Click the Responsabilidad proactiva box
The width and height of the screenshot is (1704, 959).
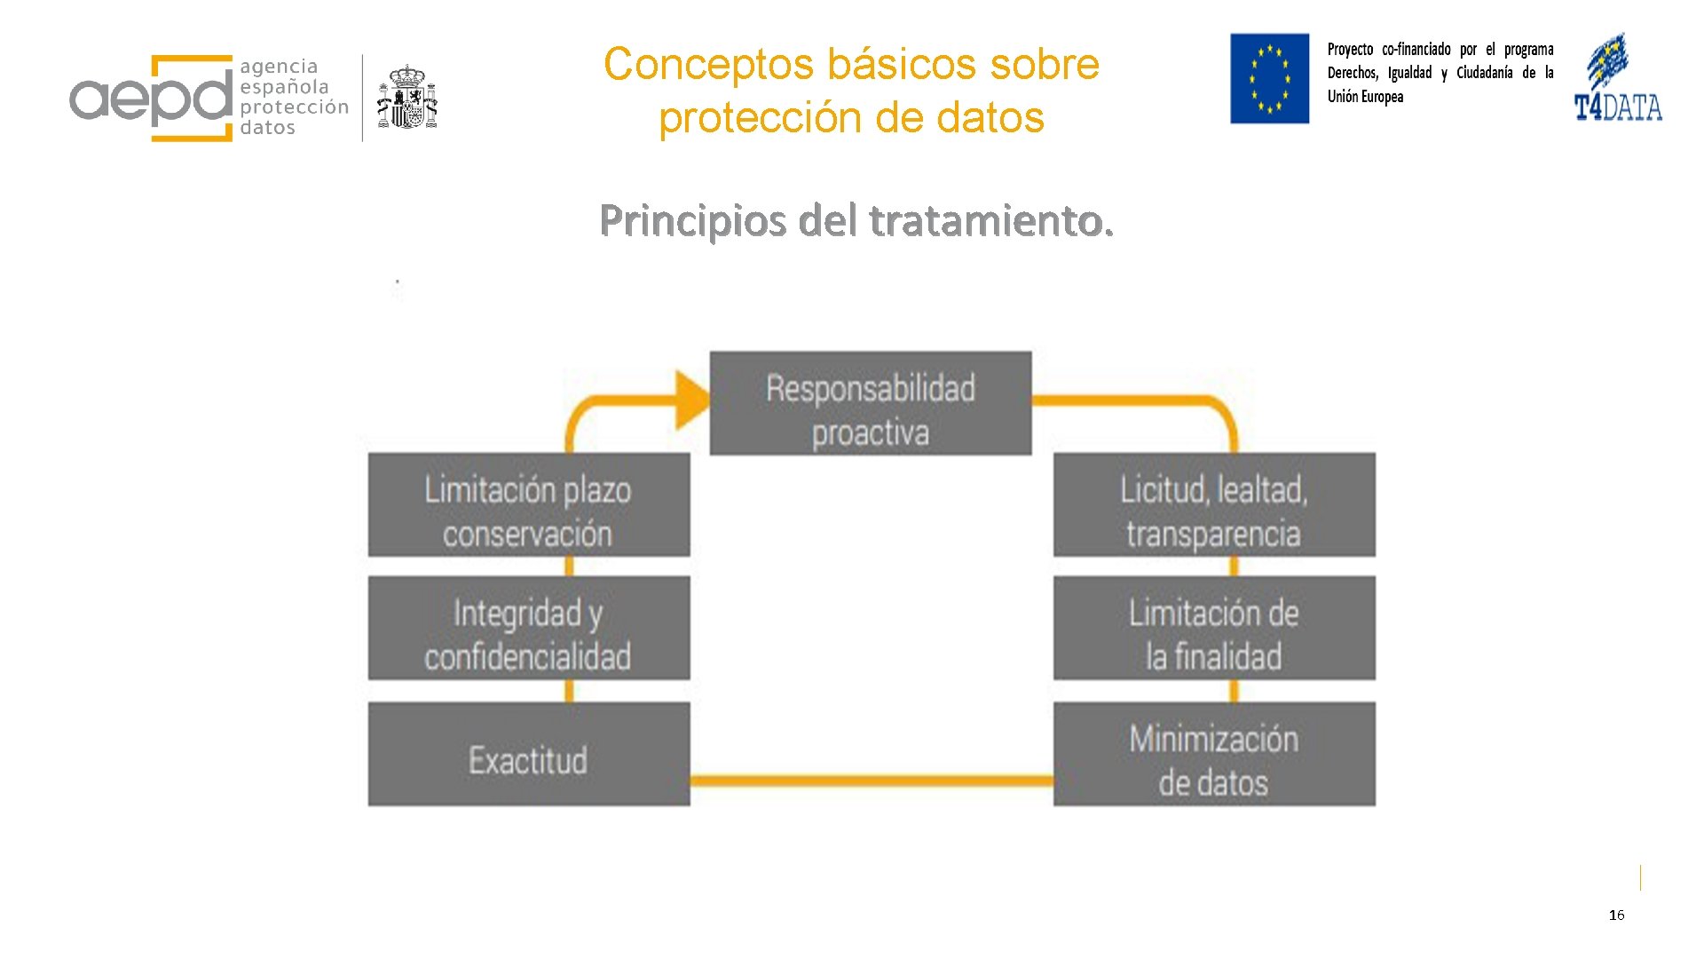click(x=870, y=403)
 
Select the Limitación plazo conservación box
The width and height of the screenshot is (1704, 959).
click(x=529, y=505)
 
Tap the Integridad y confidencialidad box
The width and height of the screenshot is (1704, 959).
click(x=529, y=628)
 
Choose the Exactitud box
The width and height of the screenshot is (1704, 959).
click(x=529, y=754)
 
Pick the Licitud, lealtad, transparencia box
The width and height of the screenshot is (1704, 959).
click(x=1214, y=505)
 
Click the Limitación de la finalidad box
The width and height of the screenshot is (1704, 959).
click(x=1214, y=628)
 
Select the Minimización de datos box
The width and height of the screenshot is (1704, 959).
click(x=1214, y=754)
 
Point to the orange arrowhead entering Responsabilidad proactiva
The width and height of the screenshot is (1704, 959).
click(x=692, y=400)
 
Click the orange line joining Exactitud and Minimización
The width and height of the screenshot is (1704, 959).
click(x=872, y=781)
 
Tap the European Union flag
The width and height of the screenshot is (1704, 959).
click(x=1269, y=78)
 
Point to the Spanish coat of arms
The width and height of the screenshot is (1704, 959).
click(x=407, y=97)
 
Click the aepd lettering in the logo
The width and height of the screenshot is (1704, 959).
click(x=151, y=99)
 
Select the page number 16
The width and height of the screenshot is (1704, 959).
click(x=1616, y=915)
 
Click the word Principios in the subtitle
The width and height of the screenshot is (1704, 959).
click(x=692, y=221)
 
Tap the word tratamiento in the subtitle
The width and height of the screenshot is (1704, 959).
click(x=990, y=221)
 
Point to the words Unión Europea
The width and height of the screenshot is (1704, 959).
click(x=1365, y=97)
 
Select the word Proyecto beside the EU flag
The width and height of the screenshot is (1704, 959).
click(x=1350, y=50)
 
